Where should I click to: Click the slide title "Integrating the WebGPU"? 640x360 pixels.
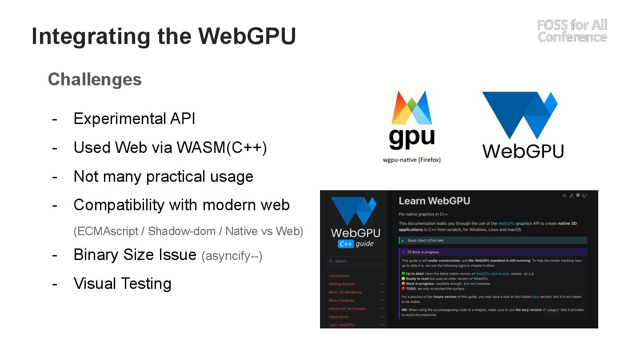164,36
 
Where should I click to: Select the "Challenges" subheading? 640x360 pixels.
95,80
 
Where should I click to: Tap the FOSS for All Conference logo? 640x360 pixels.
572,31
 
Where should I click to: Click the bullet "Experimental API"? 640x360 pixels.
134,119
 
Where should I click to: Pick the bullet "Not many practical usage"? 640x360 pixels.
163,176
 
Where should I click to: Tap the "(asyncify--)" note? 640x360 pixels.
232,256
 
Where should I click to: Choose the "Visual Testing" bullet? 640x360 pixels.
122,284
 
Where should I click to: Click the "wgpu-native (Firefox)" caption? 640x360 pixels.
412,160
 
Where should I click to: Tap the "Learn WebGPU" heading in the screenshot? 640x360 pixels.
434,201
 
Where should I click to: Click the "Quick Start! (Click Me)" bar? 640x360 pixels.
492,240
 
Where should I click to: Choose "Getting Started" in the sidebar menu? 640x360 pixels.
342,284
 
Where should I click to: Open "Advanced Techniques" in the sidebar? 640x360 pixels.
347,308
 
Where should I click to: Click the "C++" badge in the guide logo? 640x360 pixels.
345,244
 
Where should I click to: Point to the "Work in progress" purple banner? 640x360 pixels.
492,252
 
